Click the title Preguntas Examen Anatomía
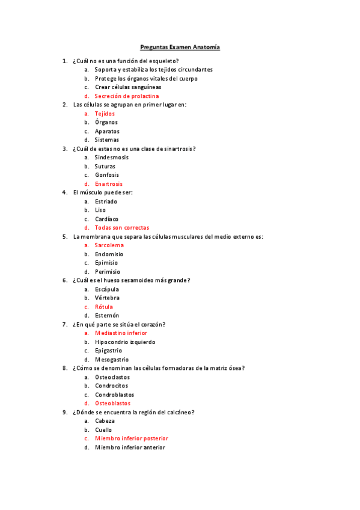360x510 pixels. (x=180, y=47)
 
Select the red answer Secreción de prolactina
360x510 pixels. (x=126, y=96)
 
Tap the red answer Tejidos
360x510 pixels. (x=105, y=114)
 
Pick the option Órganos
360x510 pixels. (x=106, y=122)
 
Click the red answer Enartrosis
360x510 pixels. (x=108, y=184)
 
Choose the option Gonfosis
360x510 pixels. (x=106, y=175)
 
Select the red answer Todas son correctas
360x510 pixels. (x=121, y=228)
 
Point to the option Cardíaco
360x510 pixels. (x=106, y=219)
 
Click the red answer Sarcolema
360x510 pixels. (x=109, y=245)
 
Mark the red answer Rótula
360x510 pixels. (x=103, y=307)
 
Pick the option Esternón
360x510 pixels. (x=106, y=315)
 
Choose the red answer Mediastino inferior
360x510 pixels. (x=121, y=333)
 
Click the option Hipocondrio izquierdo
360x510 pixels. (x=124, y=342)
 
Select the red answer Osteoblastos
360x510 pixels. (x=112, y=403)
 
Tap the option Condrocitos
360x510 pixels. (x=111, y=386)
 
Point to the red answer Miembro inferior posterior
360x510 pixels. (x=131, y=438)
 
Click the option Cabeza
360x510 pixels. (x=105, y=421)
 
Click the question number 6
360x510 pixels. (x=64, y=280)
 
